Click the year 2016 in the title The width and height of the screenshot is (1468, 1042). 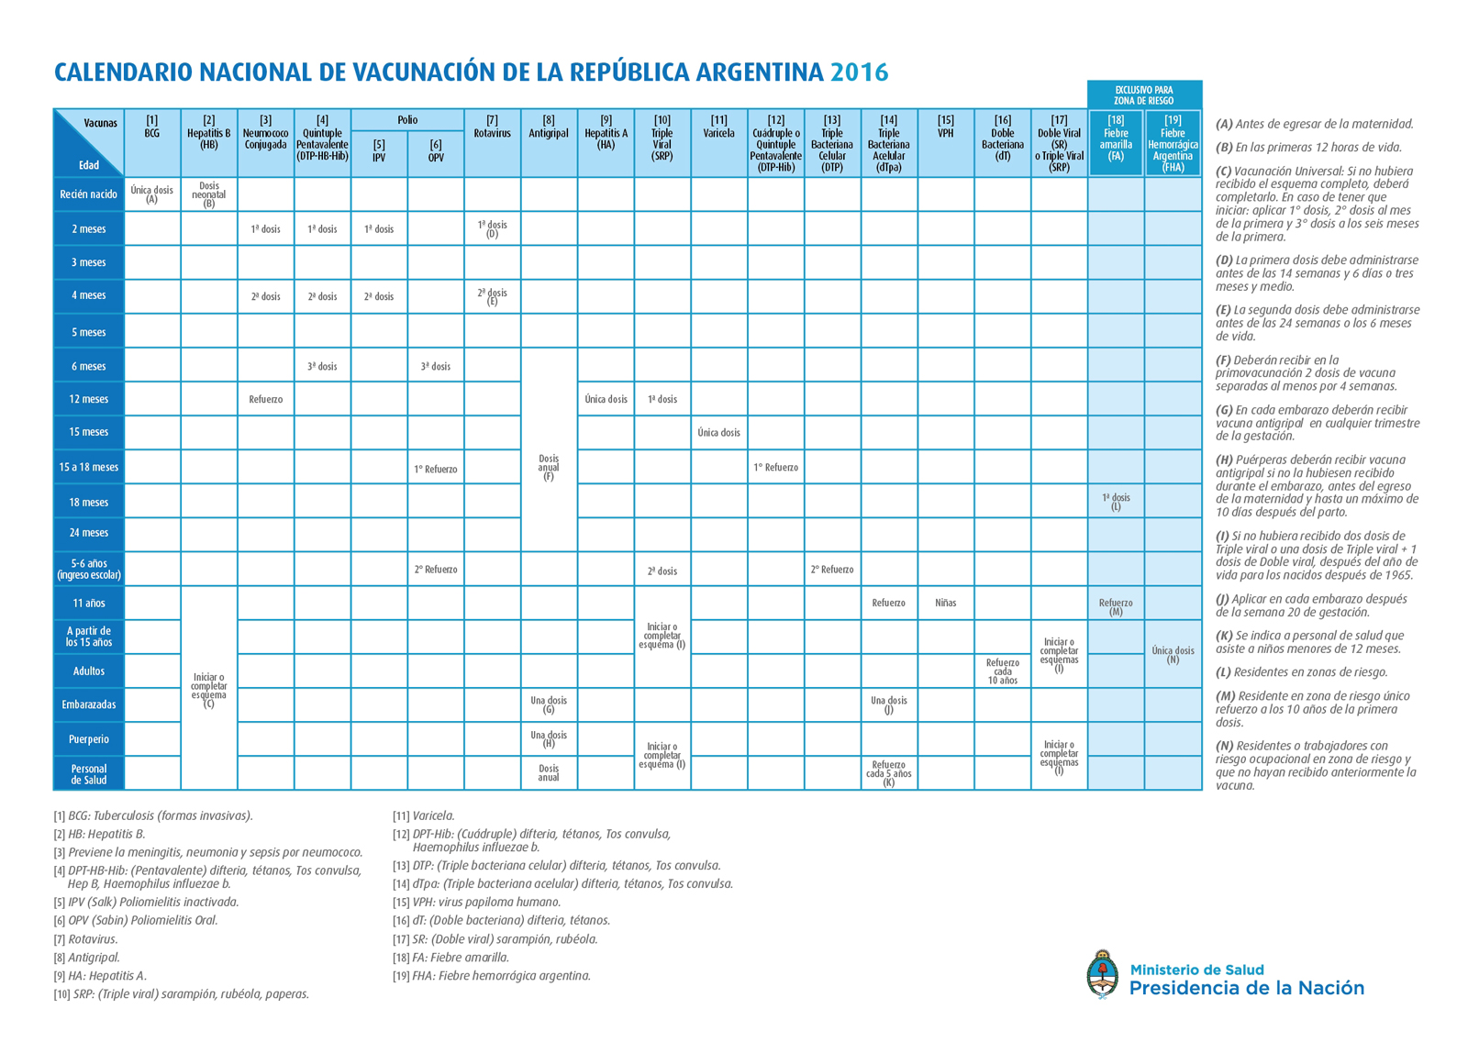(x=859, y=72)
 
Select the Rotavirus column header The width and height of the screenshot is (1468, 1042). (x=492, y=127)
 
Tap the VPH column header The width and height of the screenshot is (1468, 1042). (x=946, y=127)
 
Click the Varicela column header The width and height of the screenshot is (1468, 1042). (x=719, y=127)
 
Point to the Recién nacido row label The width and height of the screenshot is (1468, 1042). (x=88, y=194)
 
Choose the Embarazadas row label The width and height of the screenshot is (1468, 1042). (x=88, y=704)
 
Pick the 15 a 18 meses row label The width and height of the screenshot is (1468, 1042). (x=88, y=467)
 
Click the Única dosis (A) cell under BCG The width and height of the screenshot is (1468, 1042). (x=152, y=194)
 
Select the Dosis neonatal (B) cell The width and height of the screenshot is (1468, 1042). (x=209, y=194)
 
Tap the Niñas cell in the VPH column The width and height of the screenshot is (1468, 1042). (x=946, y=603)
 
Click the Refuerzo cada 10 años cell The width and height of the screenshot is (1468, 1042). (x=1003, y=671)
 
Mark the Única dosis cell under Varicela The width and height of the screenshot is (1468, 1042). (x=719, y=433)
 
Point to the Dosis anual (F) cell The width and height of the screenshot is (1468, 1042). (x=549, y=467)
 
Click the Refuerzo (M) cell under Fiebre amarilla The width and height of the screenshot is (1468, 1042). (x=1116, y=607)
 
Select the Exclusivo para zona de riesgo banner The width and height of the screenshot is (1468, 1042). (x=1144, y=95)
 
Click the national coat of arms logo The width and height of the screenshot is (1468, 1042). (x=1103, y=974)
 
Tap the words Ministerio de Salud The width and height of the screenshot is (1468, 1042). (x=1196, y=970)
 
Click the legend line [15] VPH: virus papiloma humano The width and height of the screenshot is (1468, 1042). (x=477, y=902)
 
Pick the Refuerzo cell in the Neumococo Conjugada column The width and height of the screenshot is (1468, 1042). (x=265, y=399)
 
